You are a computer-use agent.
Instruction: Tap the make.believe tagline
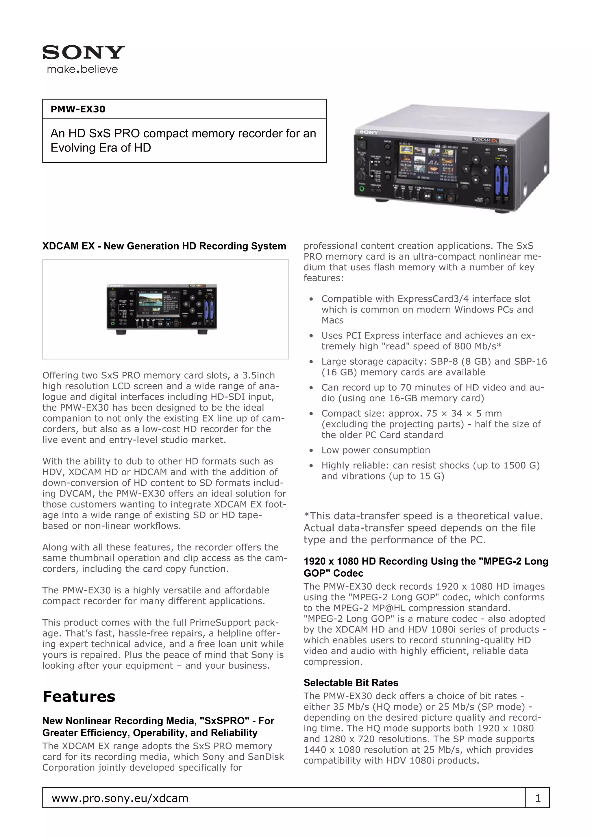tap(82, 69)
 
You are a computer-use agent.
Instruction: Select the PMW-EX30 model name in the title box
tap(78, 109)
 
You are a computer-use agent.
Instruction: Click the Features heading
tap(79, 696)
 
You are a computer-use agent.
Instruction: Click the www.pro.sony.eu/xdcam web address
tap(120, 798)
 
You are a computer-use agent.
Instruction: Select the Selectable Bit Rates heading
tap(351, 682)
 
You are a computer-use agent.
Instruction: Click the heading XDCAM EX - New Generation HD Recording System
tap(164, 246)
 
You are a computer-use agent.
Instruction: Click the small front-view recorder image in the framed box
tap(162, 309)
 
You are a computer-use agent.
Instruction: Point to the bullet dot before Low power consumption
tap(311, 451)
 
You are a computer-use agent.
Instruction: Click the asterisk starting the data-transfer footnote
tap(306, 515)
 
